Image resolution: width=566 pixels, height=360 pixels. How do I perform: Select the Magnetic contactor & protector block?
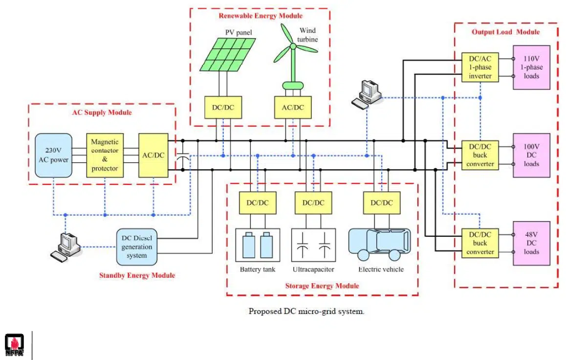pyautogui.click(x=105, y=155)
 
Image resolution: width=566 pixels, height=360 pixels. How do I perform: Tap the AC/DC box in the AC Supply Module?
pyautogui.click(x=153, y=155)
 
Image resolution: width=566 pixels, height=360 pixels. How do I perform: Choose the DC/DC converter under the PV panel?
pyautogui.click(x=223, y=108)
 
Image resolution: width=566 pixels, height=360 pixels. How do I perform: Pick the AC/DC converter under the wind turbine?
pyautogui.click(x=293, y=108)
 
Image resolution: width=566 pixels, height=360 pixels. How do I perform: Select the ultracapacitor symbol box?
pyautogui.click(x=313, y=246)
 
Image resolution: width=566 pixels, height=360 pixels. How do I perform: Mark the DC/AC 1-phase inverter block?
pyautogui.click(x=480, y=67)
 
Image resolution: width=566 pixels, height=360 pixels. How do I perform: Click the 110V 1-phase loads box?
pyautogui.click(x=531, y=67)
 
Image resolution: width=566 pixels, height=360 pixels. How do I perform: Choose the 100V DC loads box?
pyautogui.click(x=531, y=156)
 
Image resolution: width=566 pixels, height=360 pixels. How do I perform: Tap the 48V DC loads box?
pyautogui.click(x=531, y=243)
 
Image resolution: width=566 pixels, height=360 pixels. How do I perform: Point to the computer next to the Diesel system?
pyautogui.click(x=66, y=246)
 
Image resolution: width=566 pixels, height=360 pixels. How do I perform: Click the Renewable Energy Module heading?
pyautogui.click(x=261, y=16)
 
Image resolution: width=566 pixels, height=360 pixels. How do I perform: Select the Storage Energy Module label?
pyautogui.click(x=322, y=286)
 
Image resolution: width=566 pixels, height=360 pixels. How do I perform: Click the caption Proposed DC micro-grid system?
pyautogui.click(x=306, y=311)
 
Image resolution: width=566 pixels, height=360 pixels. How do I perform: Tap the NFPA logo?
pyautogui.click(x=14, y=345)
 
